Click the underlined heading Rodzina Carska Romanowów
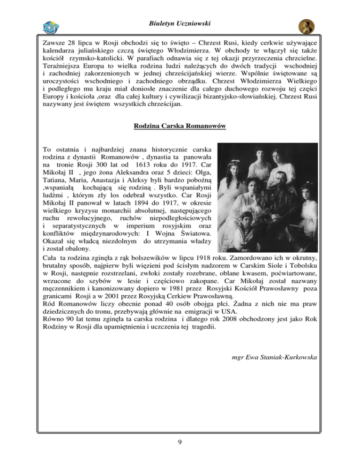coord(180,126)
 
